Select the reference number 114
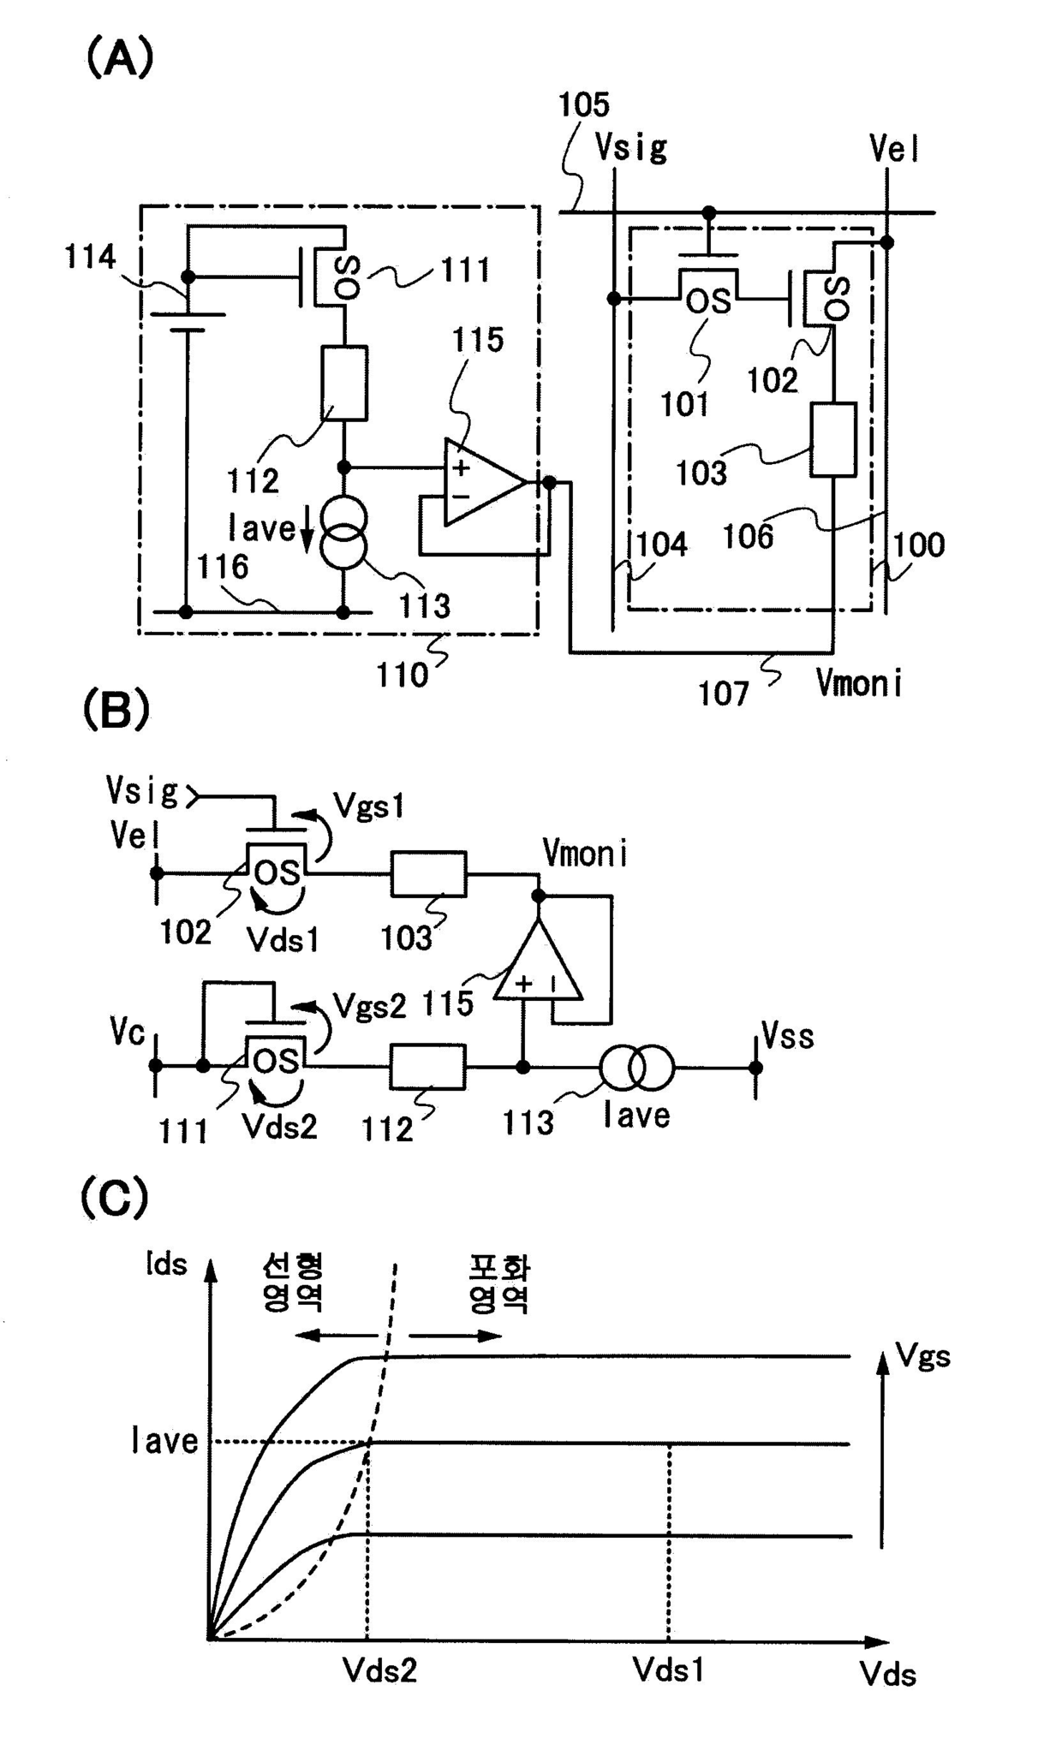(90, 257)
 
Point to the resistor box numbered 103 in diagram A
(833, 438)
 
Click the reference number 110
(402, 676)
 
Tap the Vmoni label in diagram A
(859, 683)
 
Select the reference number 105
(583, 105)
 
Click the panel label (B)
(116, 711)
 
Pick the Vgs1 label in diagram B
(368, 807)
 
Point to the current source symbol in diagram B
(637, 1068)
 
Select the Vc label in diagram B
(127, 1033)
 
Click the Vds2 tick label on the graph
(379, 1670)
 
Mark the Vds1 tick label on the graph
(668, 1669)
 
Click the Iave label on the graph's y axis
(164, 1441)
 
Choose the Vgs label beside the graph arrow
(923, 1356)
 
